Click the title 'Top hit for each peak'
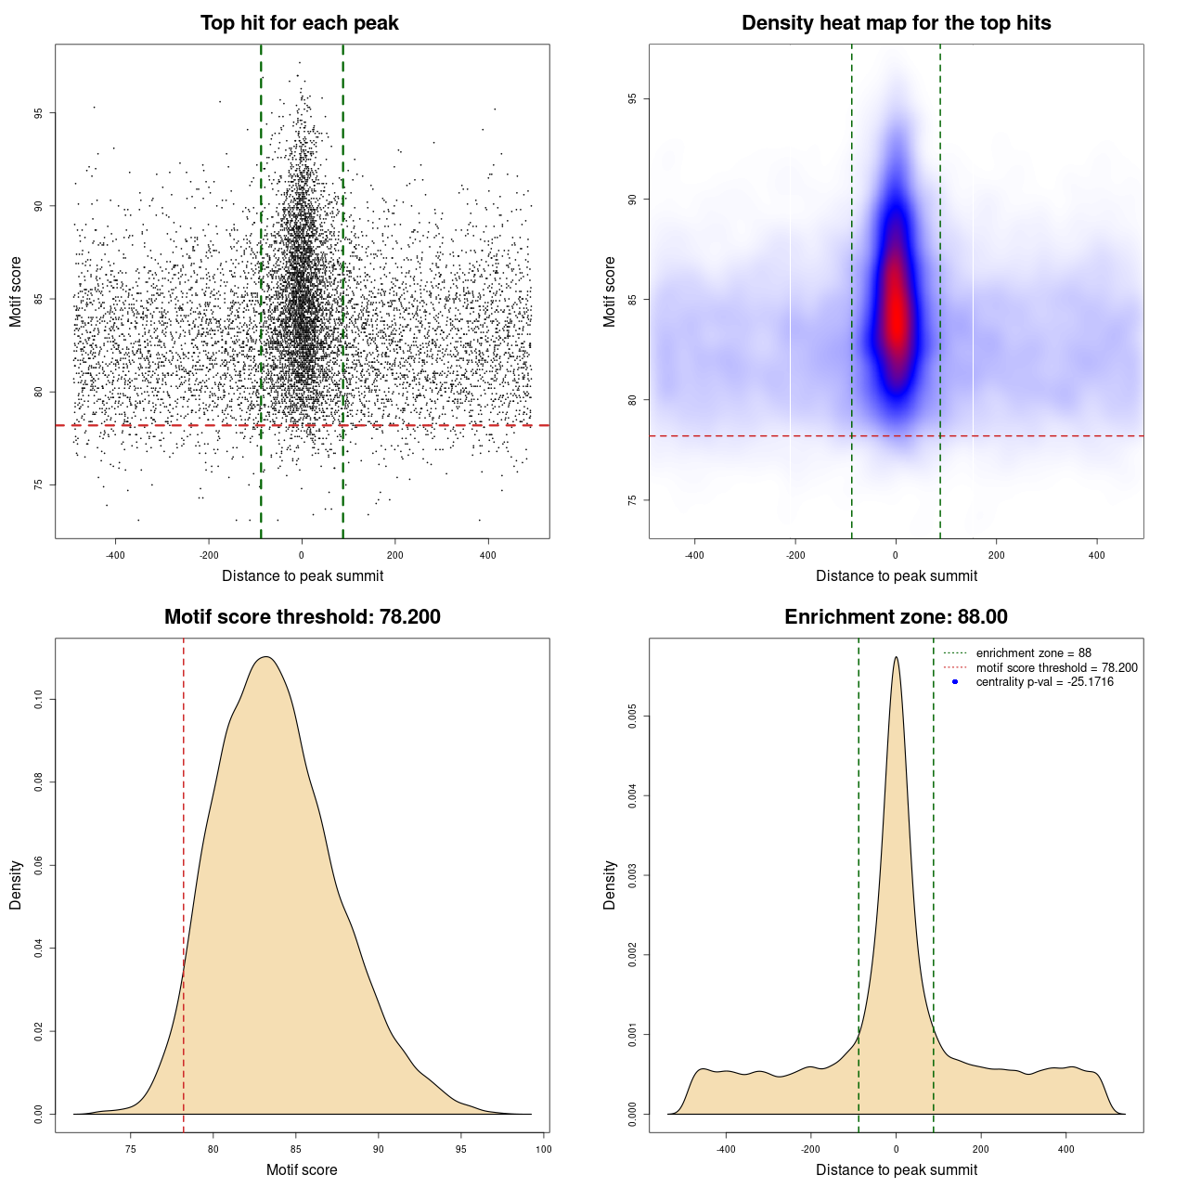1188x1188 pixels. [300, 23]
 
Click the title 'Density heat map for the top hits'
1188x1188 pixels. [896, 23]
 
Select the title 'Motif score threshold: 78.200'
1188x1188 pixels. [302, 617]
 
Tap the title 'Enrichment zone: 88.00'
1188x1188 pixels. [896, 617]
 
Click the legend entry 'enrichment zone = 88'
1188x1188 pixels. [1033, 653]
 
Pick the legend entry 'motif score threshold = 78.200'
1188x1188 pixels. [1056, 668]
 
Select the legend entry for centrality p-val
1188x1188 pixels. [1044, 682]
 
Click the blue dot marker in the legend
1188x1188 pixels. [955, 682]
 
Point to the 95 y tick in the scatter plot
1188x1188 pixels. [39, 113]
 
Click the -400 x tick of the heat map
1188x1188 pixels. [694, 555]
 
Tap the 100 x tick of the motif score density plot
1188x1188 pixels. [544, 1149]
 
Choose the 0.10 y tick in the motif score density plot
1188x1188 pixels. [39, 699]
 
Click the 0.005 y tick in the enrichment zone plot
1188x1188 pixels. [633, 716]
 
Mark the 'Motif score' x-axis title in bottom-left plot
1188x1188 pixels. [302, 1169]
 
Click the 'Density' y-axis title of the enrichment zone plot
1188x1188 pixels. [610, 885]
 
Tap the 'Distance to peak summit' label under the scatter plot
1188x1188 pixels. [303, 576]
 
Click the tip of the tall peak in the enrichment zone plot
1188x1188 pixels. [896, 658]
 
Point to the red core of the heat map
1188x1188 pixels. [896, 316]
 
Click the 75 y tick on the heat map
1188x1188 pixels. [633, 500]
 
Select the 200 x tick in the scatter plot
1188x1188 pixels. [395, 555]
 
